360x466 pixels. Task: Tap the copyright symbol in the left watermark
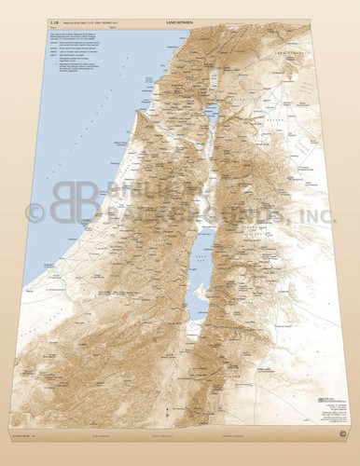click(35, 213)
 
